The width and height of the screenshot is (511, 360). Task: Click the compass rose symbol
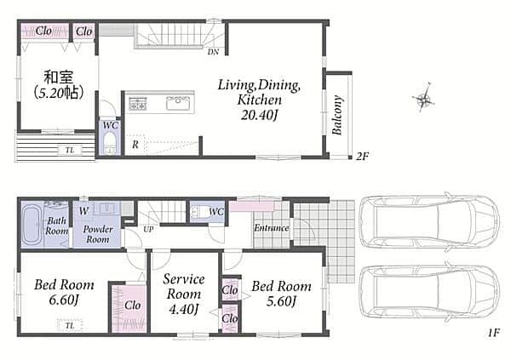point(423,98)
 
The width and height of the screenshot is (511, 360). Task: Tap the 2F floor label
point(362,157)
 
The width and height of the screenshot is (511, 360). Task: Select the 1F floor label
point(494,333)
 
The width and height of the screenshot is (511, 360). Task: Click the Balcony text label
point(337,115)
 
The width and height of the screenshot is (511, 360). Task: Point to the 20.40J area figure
point(259,115)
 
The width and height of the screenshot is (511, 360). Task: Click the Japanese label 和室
point(59,77)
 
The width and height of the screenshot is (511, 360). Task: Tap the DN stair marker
point(213,52)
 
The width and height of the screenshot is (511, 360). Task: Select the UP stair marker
point(148,229)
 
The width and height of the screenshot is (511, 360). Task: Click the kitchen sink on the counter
point(178,103)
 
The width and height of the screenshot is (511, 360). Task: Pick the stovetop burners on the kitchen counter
point(138,103)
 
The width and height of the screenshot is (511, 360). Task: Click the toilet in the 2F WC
point(110,143)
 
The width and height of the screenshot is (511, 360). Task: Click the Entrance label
point(272,228)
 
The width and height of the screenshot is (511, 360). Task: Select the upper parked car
point(429,221)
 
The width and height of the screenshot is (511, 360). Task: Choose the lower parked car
point(429,292)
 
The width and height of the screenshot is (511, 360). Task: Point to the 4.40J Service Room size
point(183,309)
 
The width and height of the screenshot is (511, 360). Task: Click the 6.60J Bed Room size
point(64,300)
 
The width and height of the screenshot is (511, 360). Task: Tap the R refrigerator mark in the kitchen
point(135,145)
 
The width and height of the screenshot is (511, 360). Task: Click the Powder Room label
point(97,234)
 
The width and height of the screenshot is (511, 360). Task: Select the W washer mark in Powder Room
point(83,211)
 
